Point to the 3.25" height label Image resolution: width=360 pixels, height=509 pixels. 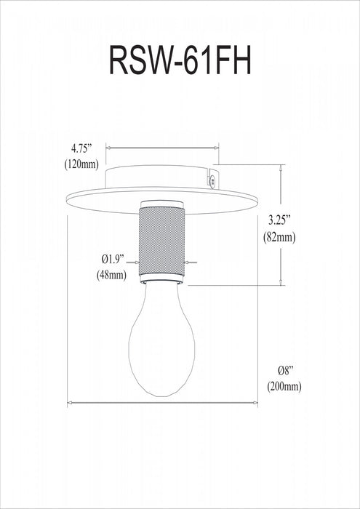280,219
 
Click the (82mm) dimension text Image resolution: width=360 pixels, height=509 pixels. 280,237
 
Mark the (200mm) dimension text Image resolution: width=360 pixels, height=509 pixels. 281,386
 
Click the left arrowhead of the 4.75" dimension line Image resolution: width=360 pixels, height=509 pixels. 109,145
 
